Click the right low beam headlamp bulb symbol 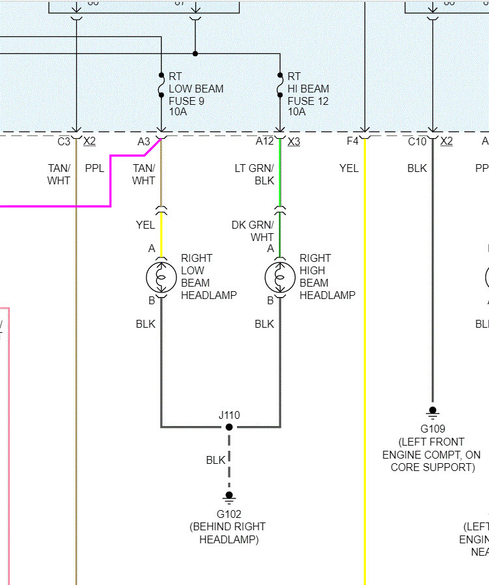[x=161, y=278]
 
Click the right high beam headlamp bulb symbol [x=280, y=278]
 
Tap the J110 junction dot [x=229, y=427]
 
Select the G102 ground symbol [x=229, y=497]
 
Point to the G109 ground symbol [x=432, y=412]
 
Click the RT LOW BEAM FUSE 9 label [x=195, y=89]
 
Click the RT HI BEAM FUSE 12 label [x=308, y=89]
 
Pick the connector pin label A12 [x=264, y=141]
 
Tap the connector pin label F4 [x=352, y=141]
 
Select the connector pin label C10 [x=417, y=141]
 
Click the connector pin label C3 [x=64, y=141]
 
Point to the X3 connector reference [x=294, y=141]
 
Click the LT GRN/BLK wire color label [x=255, y=174]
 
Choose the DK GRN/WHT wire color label [x=253, y=231]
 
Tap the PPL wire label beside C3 [x=94, y=168]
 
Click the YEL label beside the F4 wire [x=349, y=168]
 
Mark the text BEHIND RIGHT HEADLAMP [x=228, y=533]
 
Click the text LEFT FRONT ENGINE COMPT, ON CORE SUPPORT [x=432, y=454]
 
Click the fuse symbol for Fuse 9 [x=161, y=85]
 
